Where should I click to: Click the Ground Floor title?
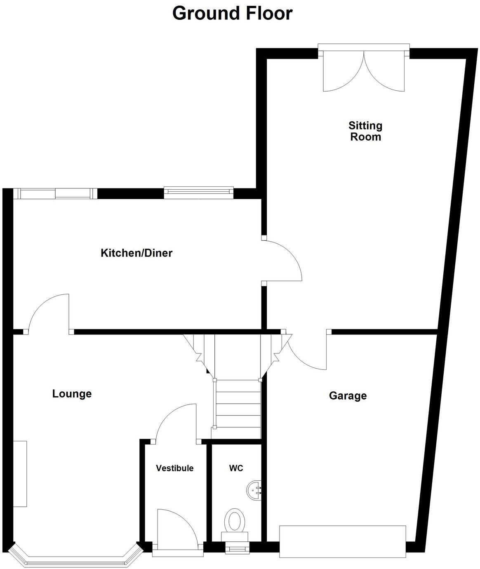[x=232, y=13]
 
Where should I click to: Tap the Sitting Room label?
[x=365, y=131]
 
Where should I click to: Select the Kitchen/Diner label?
[x=136, y=253]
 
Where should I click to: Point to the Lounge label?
[x=72, y=394]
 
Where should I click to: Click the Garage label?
[x=348, y=396]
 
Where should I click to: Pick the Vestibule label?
[x=174, y=468]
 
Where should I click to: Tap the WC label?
[x=236, y=468]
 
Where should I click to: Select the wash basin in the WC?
[x=254, y=490]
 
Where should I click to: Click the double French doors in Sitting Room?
[x=364, y=70]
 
